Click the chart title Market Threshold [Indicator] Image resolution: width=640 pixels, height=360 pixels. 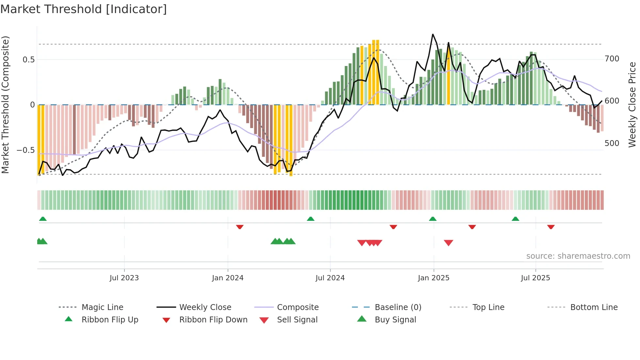pyautogui.click(x=84, y=9)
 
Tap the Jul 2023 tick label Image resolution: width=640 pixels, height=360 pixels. pyautogui.click(x=124, y=278)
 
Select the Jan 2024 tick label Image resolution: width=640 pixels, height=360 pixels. pyautogui.click(x=228, y=278)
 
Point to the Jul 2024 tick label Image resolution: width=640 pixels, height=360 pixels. pyautogui.click(x=330, y=278)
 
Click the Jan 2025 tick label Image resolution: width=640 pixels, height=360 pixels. pyautogui.click(x=433, y=278)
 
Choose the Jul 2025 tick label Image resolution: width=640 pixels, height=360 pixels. pyautogui.click(x=535, y=278)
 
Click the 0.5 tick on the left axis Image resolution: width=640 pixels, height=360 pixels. pyautogui.click(x=28, y=59)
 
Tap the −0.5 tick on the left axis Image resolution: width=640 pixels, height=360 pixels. pyautogui.click(x=25, y=150)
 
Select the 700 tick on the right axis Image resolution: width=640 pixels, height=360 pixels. pyautogui.click(x=612, y=59)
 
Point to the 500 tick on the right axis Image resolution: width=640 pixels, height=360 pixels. pyautogui.click(x=612, y=143)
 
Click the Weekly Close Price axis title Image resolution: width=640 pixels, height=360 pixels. pyautogui.click(x=632, y=105)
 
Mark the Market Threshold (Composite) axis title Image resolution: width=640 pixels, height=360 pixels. pyautogui.click(x=5, y=105)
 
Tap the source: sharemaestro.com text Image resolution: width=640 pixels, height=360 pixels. pyautogui.click(x=578, y=256)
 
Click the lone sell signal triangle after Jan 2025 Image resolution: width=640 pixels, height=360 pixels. pyautogui.click(x=448, y=243)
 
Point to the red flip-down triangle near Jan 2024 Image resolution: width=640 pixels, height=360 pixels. pyautogui.click(x=240, y=227)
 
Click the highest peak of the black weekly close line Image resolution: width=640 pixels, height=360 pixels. pyautogui.click(x=433, y=34)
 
